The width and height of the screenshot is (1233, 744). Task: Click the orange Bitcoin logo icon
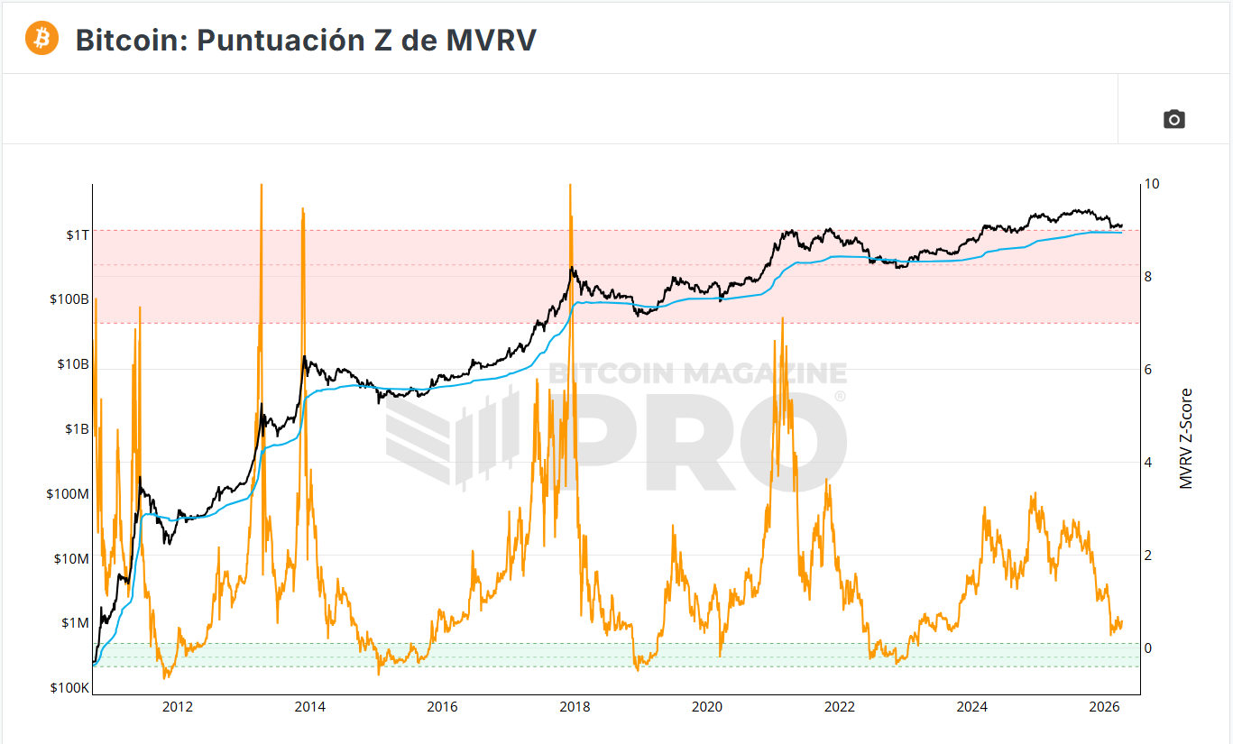41,38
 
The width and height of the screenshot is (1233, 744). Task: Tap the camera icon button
1173,119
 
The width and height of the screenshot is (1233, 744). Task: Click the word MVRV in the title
491,40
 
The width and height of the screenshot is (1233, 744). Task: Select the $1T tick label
78,234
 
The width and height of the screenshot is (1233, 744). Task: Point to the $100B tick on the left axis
69,299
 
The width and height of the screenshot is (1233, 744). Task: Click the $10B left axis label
72,364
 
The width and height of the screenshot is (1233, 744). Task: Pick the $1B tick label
76,429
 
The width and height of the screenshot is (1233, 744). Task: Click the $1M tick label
75,623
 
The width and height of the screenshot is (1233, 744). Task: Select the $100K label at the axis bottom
69,688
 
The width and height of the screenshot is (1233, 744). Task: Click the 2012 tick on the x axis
178,706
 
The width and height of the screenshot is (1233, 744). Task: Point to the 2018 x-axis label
575,706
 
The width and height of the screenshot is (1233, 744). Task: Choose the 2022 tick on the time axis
840,706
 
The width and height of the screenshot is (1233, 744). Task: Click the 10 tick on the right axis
1151,184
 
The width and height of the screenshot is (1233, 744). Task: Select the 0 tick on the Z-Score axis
1148,648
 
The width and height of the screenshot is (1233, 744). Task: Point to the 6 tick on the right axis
1148,370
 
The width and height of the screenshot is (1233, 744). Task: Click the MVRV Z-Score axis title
1186,438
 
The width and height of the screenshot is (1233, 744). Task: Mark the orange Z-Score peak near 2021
782,319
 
